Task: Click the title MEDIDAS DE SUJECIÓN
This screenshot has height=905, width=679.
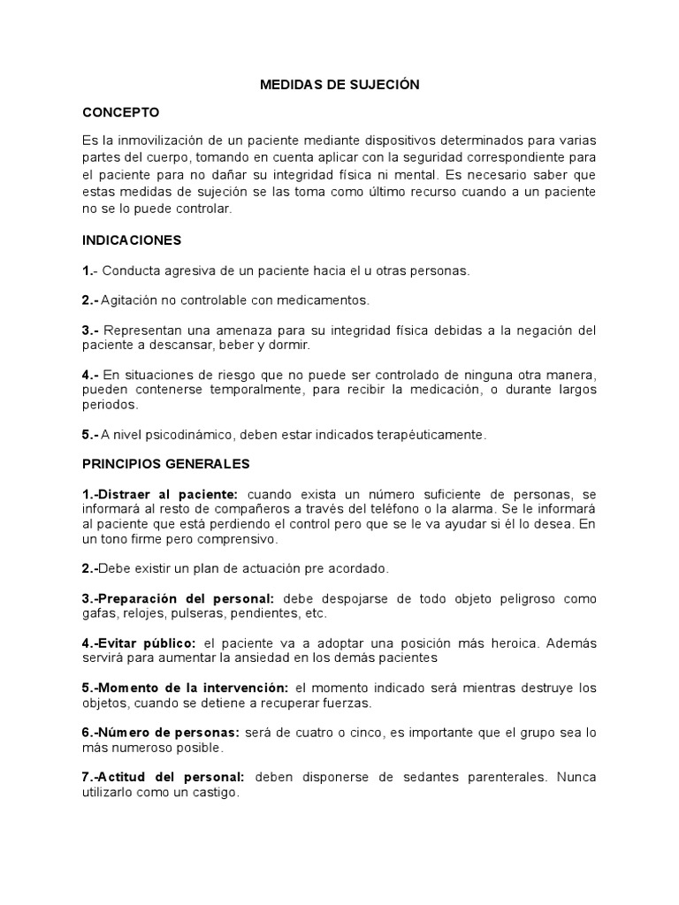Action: [x=339, y=86]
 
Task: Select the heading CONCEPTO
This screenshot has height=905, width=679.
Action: [x=120, y=113]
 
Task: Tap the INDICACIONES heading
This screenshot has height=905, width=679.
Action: [x=132, y=240]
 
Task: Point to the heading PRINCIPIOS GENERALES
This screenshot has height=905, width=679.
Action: [x=166, y=463]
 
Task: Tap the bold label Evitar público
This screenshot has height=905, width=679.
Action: [x=147, y=643]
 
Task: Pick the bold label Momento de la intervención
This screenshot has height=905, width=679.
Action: [x=192, y=688]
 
